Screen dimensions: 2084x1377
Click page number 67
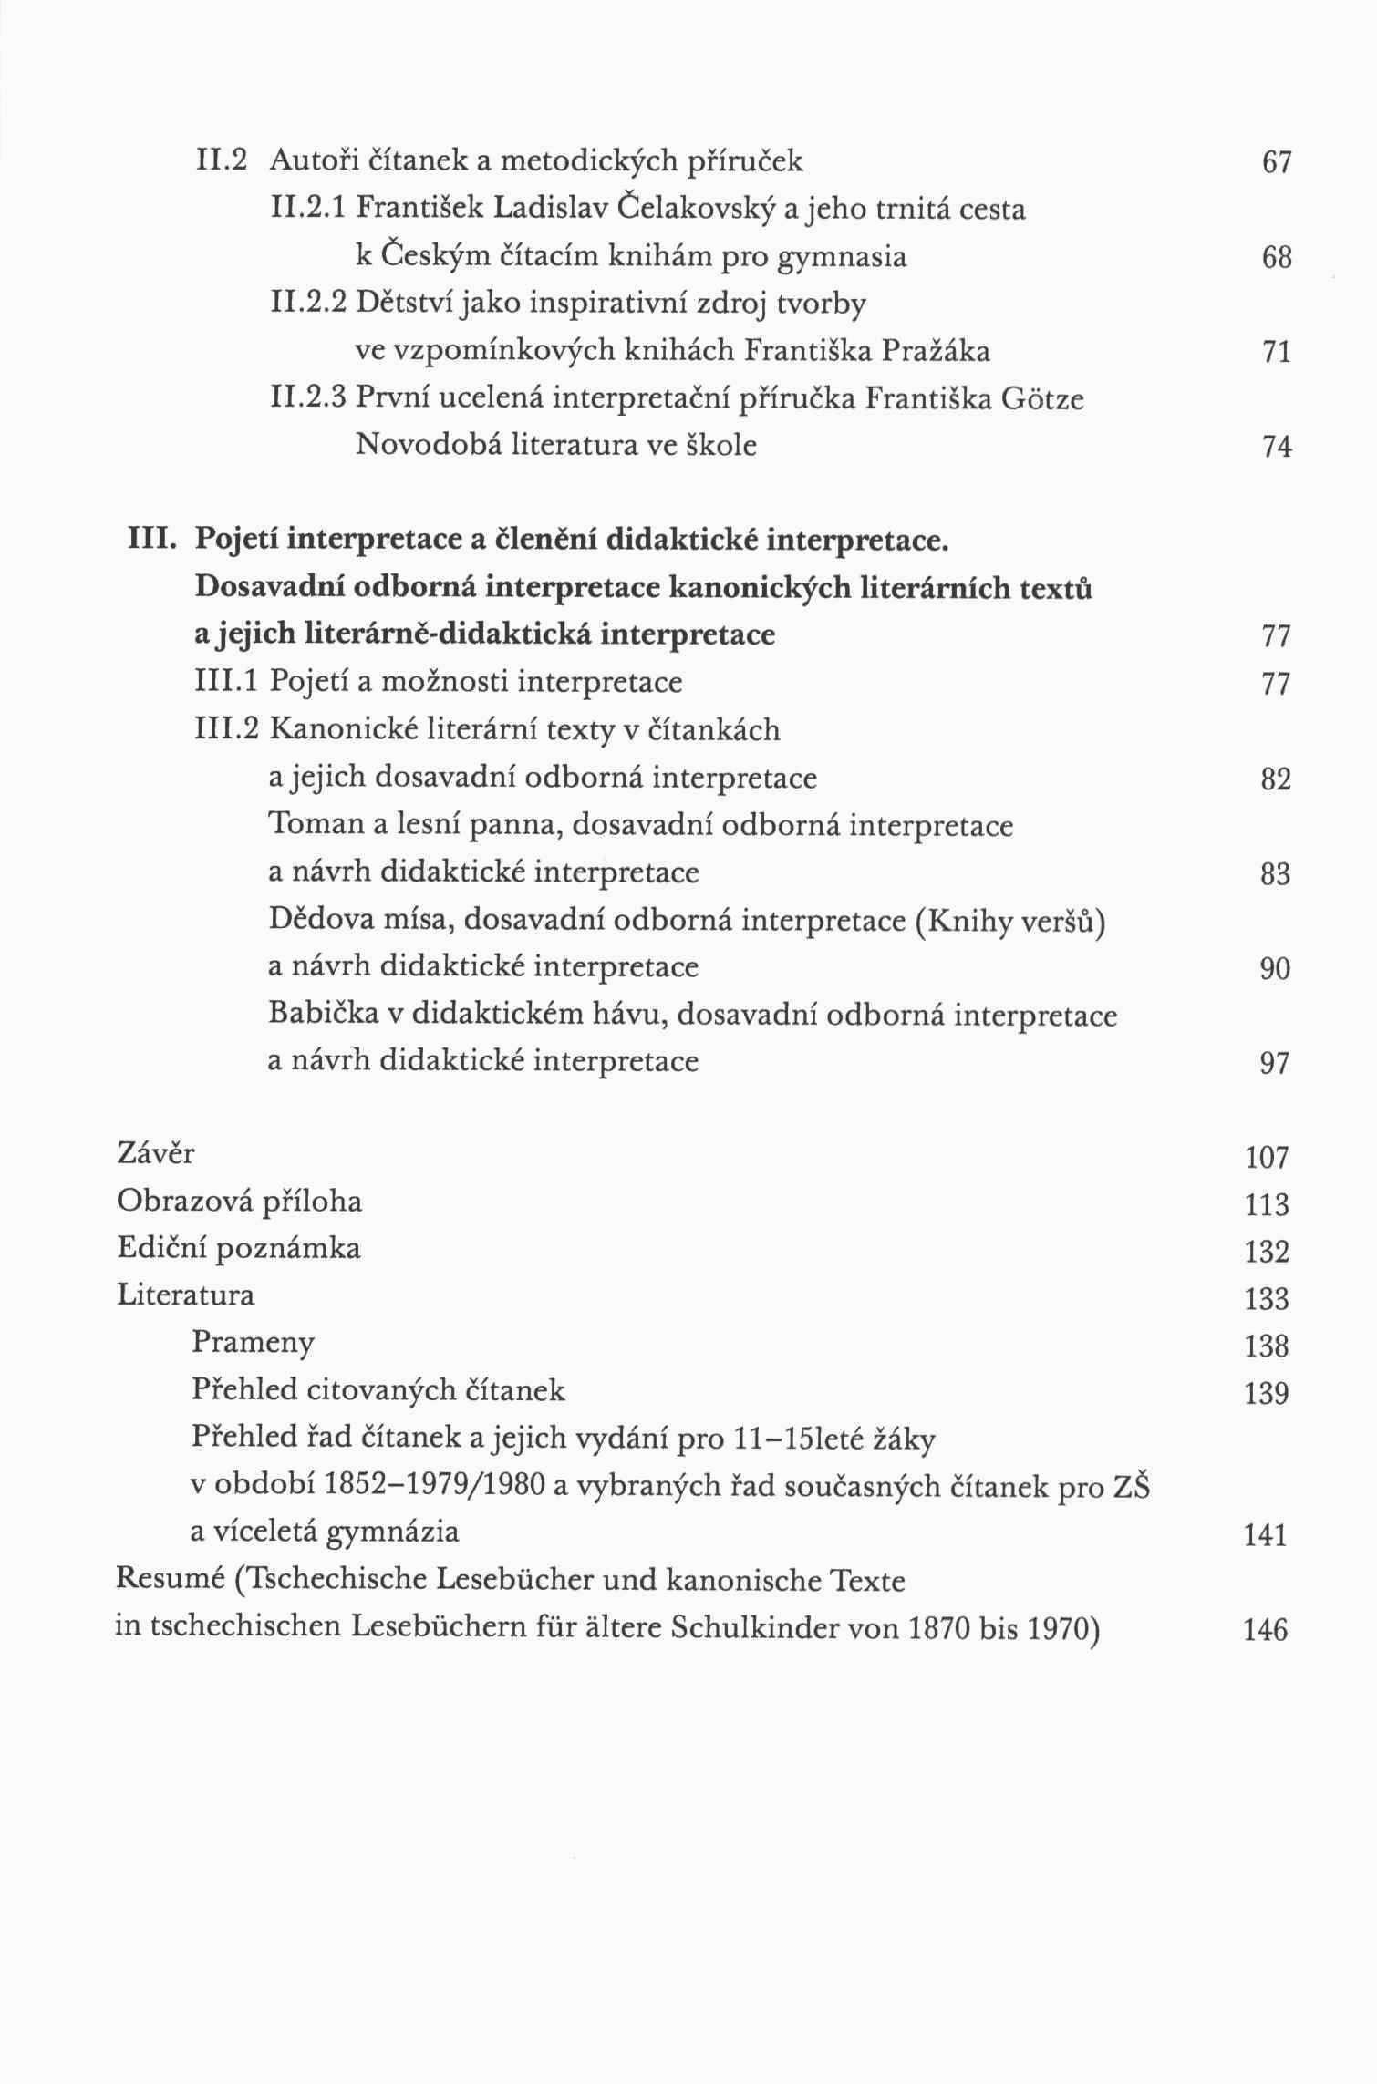[x=1277, y=163]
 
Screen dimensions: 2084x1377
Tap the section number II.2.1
[x=310, y=210]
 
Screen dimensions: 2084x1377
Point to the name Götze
[x=1042, y=399]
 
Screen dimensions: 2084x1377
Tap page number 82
[x=1277, y=780]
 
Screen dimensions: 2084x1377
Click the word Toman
[x=314, y=825]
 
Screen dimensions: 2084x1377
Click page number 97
[x=1275, y=1064]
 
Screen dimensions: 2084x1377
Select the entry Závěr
[x=156, y=1154]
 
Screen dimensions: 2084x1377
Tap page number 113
[x=1268, y=1205]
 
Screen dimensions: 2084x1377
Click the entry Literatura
[x=186, y=1295]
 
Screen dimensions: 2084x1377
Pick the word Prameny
[x=254, y=1343]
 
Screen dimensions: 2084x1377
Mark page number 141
[x=1266, y=1537]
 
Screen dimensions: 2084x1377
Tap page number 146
[x=1266, y=1630]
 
